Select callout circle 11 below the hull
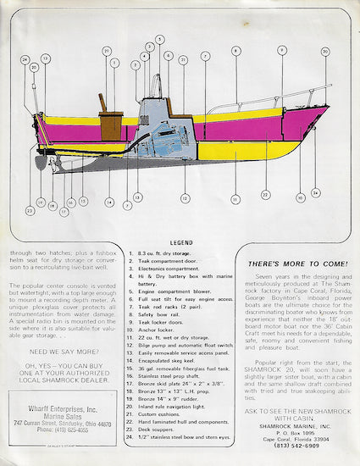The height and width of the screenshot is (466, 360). click(235, 199)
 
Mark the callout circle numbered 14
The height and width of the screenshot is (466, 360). click(108, 202)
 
